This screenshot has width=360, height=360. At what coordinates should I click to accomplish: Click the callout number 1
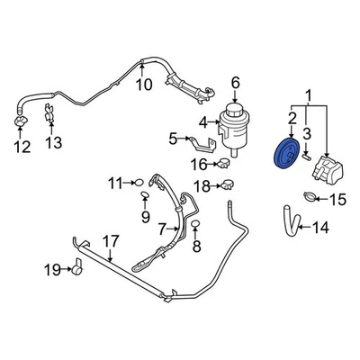pos(311,94)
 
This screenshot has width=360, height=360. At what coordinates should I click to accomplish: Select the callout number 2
pos(292,117)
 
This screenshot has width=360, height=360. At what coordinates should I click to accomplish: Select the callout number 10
pos(143,85)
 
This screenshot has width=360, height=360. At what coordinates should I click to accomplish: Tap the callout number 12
pos(19,146)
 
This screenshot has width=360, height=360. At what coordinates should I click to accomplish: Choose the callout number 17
pos(109,240)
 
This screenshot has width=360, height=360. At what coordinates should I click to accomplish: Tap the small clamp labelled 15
pos(310,197)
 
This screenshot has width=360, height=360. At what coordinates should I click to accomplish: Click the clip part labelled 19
pos(77,267)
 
